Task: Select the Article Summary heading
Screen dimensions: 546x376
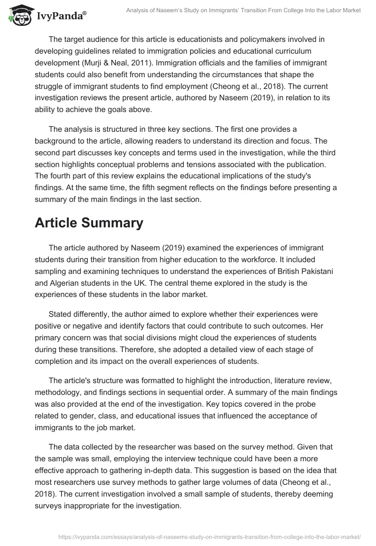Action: pyautogui.click(x=89, y=223)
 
